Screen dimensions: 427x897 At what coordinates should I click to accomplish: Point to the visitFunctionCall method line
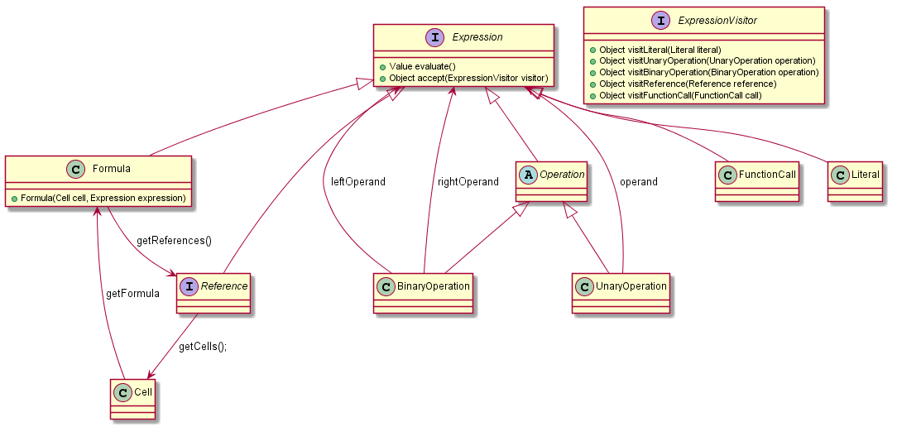click(675, 96)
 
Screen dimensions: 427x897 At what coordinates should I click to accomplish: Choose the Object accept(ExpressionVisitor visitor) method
click(463, 78)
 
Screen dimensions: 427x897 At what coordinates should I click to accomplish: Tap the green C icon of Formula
click(76, 169)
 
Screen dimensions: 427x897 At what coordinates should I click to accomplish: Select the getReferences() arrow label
click(174, 241)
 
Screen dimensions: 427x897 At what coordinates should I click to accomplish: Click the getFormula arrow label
click(132, 293)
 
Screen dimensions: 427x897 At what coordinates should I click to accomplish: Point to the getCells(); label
click(203, 346)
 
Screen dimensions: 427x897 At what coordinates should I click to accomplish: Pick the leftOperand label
click(358, 181)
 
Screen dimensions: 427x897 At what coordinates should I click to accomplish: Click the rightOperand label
click(468, 181)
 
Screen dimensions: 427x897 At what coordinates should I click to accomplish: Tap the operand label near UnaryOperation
click(639, 181)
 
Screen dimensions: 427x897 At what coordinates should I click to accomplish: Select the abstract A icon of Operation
click(528, 175)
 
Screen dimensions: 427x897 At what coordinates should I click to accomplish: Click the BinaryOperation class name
click(434, 286)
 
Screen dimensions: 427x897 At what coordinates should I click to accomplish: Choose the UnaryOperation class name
click(631, 286)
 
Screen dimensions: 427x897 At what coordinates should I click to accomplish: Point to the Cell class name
click(142, 391)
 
